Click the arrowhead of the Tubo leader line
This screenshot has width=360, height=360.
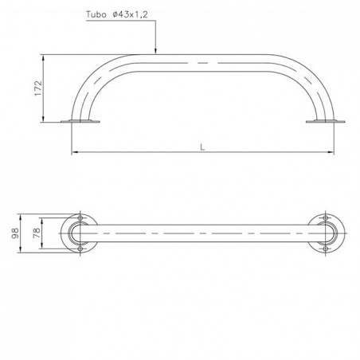click(x=155, y=53)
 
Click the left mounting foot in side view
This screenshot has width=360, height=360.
click(x=82, y=121)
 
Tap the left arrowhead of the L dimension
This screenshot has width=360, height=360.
click(x=74, y=152)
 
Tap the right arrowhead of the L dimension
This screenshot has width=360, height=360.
click(x=332, y=152)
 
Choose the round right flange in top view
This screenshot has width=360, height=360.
click(x=326, y=235)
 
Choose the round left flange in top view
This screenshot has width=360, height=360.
click(x=82, y=235)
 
